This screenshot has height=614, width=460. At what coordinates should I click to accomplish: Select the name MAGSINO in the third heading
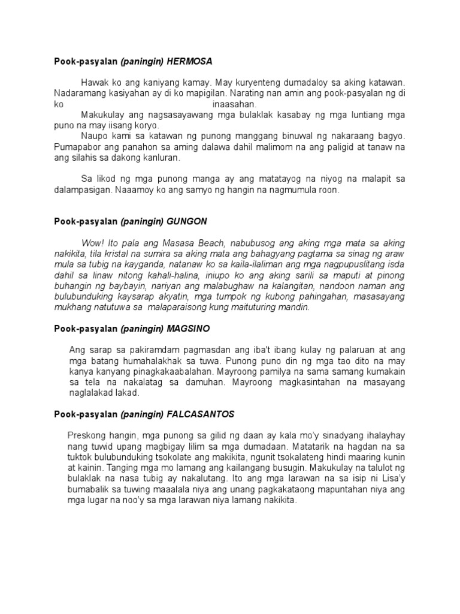pos(189,329)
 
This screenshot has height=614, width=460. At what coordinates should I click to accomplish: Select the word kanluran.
pos(161,158)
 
